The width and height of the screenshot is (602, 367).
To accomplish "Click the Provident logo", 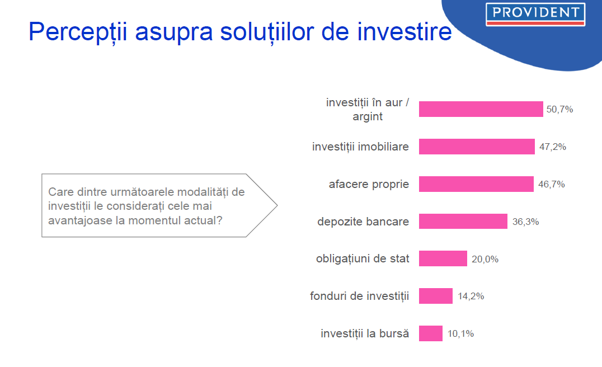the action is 535,14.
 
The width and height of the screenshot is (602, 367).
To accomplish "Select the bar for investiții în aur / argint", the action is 481,109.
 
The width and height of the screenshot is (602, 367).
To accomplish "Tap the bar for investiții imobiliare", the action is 477,147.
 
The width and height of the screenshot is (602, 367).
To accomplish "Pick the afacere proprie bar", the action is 476,184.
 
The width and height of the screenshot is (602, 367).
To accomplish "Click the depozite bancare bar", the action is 463,221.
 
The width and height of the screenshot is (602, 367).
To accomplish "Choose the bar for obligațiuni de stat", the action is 443,258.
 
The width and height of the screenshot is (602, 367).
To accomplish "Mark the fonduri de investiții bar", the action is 436,296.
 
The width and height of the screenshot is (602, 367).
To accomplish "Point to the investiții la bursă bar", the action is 431,333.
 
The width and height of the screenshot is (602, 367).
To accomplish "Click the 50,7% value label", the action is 560,110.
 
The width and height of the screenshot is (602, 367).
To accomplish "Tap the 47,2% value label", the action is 553,147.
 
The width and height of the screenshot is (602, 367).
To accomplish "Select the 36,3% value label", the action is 525,222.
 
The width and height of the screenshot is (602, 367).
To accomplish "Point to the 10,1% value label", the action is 460,333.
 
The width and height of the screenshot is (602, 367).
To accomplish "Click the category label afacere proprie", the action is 369,185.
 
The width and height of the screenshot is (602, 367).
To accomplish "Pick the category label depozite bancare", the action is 363,222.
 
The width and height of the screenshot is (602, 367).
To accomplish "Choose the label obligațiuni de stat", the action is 363,259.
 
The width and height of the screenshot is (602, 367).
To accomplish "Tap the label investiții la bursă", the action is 365,333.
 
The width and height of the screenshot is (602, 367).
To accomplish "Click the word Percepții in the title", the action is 78,32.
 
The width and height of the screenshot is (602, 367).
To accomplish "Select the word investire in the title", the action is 405,31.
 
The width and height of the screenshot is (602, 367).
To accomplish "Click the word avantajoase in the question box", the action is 80,221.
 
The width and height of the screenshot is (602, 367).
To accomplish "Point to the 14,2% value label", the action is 471,297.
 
